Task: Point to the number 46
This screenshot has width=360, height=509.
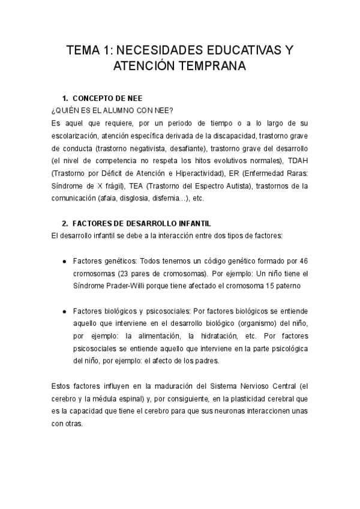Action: tap(302, 261)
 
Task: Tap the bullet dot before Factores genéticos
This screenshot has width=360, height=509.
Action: tap(64, 262)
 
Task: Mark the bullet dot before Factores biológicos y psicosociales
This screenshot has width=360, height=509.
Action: tap(64, 312)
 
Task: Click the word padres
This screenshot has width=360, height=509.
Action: tap(208, 361)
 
